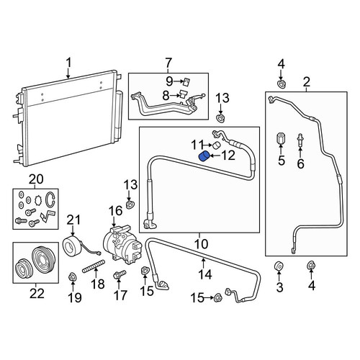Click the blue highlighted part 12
click(204, 157)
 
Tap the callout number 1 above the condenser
click(69, 63)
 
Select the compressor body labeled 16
click(122, 243)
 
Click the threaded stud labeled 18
click(94, 266)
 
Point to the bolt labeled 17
click(120, 274)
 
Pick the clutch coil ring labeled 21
click(73, 246)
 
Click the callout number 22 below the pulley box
click(37, 294)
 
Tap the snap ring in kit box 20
click(51, 199)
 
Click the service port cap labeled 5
click(281, 138)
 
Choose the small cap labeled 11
click(217, 145)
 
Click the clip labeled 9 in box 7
click(186, 81)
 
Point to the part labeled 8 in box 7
click(183, 94)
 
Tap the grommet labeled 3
click(279, 266)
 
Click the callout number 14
click(206, 274)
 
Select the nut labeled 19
click(72, 277)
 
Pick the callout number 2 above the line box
click(307, 82)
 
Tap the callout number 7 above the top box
click(168, 63)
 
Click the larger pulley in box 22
click(44, 258)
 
